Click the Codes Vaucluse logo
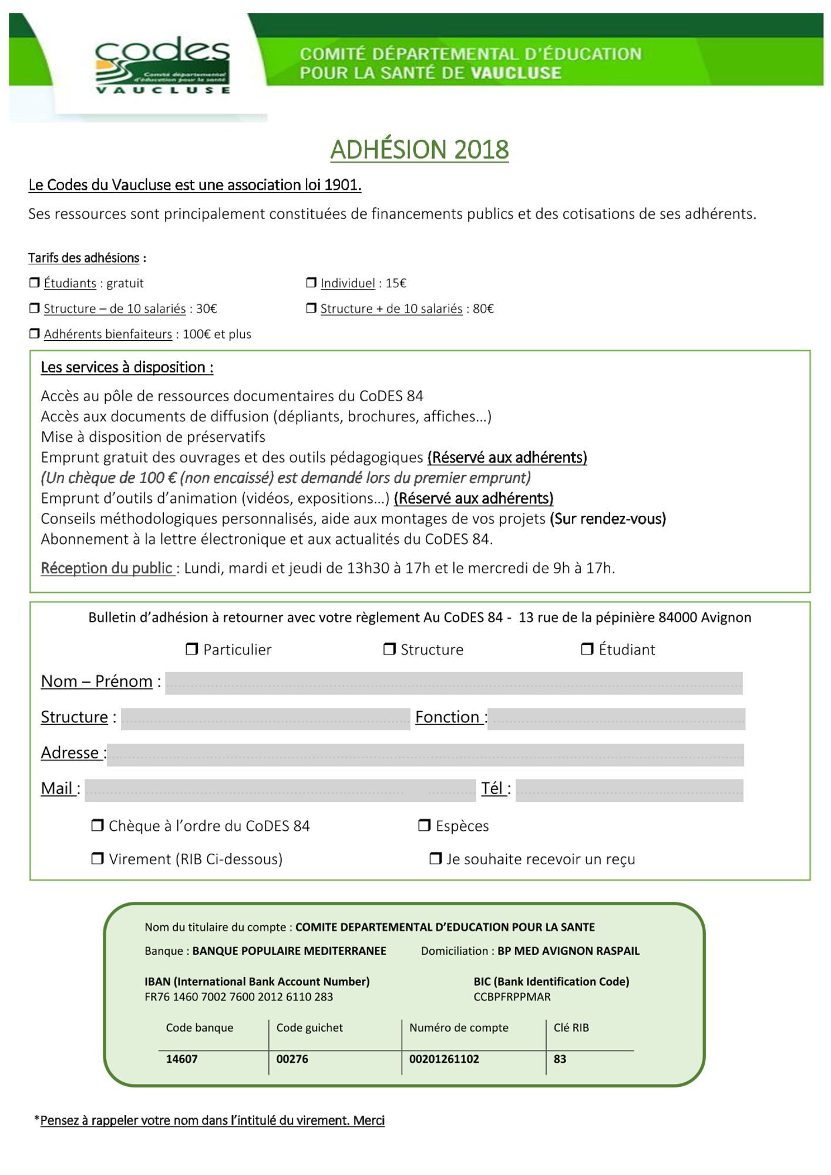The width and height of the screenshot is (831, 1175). (x=162, y=65)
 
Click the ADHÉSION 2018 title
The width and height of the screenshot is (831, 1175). (x=419, y=150)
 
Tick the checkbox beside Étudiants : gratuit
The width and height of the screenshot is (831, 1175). (x=35, y=283)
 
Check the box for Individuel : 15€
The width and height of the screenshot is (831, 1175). (x=311, y=283)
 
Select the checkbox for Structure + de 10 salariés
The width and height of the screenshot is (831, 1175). (x=311, y=308)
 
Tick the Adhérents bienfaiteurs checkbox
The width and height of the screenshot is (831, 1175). (x=35, y=334)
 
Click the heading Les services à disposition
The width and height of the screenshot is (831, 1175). (x=127, y=368)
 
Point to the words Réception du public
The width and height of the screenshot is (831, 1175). (x=107, y=568)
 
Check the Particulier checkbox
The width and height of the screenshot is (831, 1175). (x=191, y=649)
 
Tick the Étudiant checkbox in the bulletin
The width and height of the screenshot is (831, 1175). (x=587, y=649)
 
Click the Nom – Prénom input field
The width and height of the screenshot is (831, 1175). (x=453, y=683)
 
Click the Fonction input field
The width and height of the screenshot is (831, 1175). (x=616, y=719)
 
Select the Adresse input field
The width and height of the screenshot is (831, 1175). (x=425, y=755)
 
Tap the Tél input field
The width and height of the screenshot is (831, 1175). (x=629, y=790)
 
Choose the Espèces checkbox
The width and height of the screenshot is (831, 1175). (x=424, y=825)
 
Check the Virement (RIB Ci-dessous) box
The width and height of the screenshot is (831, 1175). (x=97, y=858)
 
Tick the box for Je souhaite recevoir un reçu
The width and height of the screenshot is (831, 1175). (x=435, y=858)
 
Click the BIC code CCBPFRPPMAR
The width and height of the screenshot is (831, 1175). (x=512, y=997)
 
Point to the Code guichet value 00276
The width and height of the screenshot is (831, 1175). (x=292, y=1059)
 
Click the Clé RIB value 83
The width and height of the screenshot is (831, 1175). (x=560, y=1059)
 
